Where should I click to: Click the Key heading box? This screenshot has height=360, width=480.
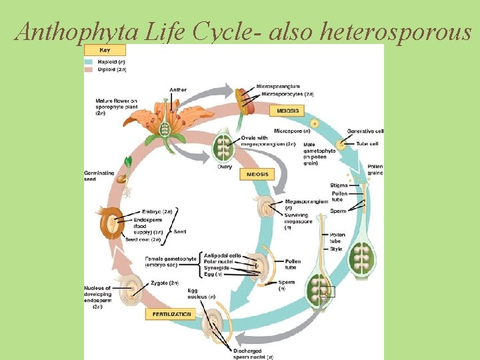pyautogui.click(x=105, y=50)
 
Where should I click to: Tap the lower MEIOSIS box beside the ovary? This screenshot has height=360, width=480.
pyautogui.click(x=257, y=174)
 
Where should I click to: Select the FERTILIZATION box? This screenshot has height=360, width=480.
pyautogui.click(x=171, y=314)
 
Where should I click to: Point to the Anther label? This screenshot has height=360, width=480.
pyautogui.click(x=178, y=89)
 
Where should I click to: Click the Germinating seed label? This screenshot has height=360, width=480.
pyautogui.click(x=99, y=175)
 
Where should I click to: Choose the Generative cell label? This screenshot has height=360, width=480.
pyautogui.click(x=365, y=131)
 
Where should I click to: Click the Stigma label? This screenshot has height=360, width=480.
pyautogui.click(x=339, y=185)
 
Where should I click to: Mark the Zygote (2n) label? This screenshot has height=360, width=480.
pyautogui.click(x=164, y=283)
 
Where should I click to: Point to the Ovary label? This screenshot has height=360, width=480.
pyautogui.click(x=225, y=167)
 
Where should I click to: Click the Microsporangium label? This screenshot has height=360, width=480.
pyautogui.click(x=278, y=87)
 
